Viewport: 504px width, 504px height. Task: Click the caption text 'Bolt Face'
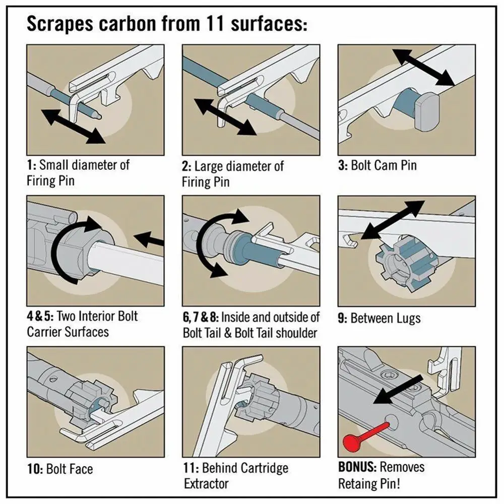click(70, 470)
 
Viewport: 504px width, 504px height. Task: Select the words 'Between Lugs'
click(386, 319)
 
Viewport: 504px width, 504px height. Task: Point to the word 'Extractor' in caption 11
click(207, 484)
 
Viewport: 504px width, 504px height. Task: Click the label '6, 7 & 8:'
click(201, 318)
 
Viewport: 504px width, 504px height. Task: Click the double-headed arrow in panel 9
click(393, 220)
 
